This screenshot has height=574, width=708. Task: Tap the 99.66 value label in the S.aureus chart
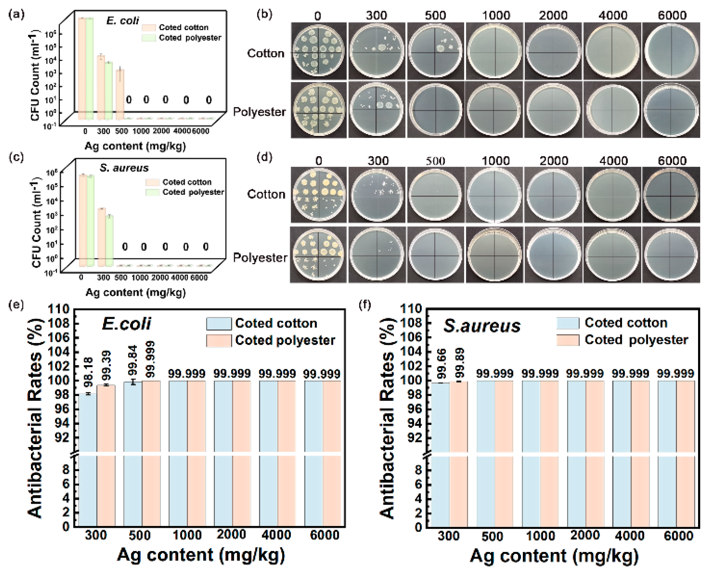[441, 364]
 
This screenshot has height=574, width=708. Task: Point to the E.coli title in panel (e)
[127, 323]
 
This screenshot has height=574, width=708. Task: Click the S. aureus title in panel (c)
[124, 168]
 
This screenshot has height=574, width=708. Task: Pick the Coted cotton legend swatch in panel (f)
[568, 323]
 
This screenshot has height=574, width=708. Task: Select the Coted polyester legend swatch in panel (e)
[219, 341]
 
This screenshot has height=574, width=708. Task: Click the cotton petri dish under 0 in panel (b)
[318, 51]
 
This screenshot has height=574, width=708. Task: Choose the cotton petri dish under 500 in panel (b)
[435, 51]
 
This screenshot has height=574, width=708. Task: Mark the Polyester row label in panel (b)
[259, 112]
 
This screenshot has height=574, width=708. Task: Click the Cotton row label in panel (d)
[266, 194]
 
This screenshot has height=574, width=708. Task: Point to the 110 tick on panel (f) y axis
[411, 309]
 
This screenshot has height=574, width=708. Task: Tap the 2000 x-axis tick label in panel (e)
[231, 535]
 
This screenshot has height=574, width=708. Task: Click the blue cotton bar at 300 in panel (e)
[88, 456]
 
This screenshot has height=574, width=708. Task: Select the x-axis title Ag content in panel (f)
[554, 556]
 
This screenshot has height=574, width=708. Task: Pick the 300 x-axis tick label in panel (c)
[103, 277]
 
